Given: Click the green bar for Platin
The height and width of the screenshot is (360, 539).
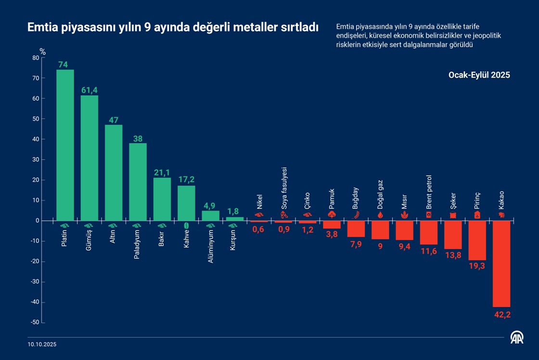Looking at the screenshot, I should [65, 145].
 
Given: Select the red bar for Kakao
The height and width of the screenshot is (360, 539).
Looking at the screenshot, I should [501, 264].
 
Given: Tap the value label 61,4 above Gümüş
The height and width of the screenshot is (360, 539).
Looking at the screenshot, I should [89, 90].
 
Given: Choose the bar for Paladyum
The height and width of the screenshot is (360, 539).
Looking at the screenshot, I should [138, 182].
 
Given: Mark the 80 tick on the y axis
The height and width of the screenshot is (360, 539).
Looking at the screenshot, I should [35, 58].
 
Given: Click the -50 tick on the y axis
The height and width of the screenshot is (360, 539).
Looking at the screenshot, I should [34, 323].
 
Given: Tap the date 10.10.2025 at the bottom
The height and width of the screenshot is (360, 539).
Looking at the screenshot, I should [42, 345].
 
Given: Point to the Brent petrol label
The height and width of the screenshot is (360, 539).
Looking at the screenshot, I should [429, 192].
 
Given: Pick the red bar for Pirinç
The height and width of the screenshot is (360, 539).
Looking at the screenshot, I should [477, 240].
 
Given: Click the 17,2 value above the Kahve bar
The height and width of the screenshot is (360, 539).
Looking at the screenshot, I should [186, 180].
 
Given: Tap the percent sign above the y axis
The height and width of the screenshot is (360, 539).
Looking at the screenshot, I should [42, 51].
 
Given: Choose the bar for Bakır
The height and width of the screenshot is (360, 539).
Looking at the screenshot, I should [162, 199].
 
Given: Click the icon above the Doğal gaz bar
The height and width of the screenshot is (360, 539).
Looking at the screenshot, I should [380, 214].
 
